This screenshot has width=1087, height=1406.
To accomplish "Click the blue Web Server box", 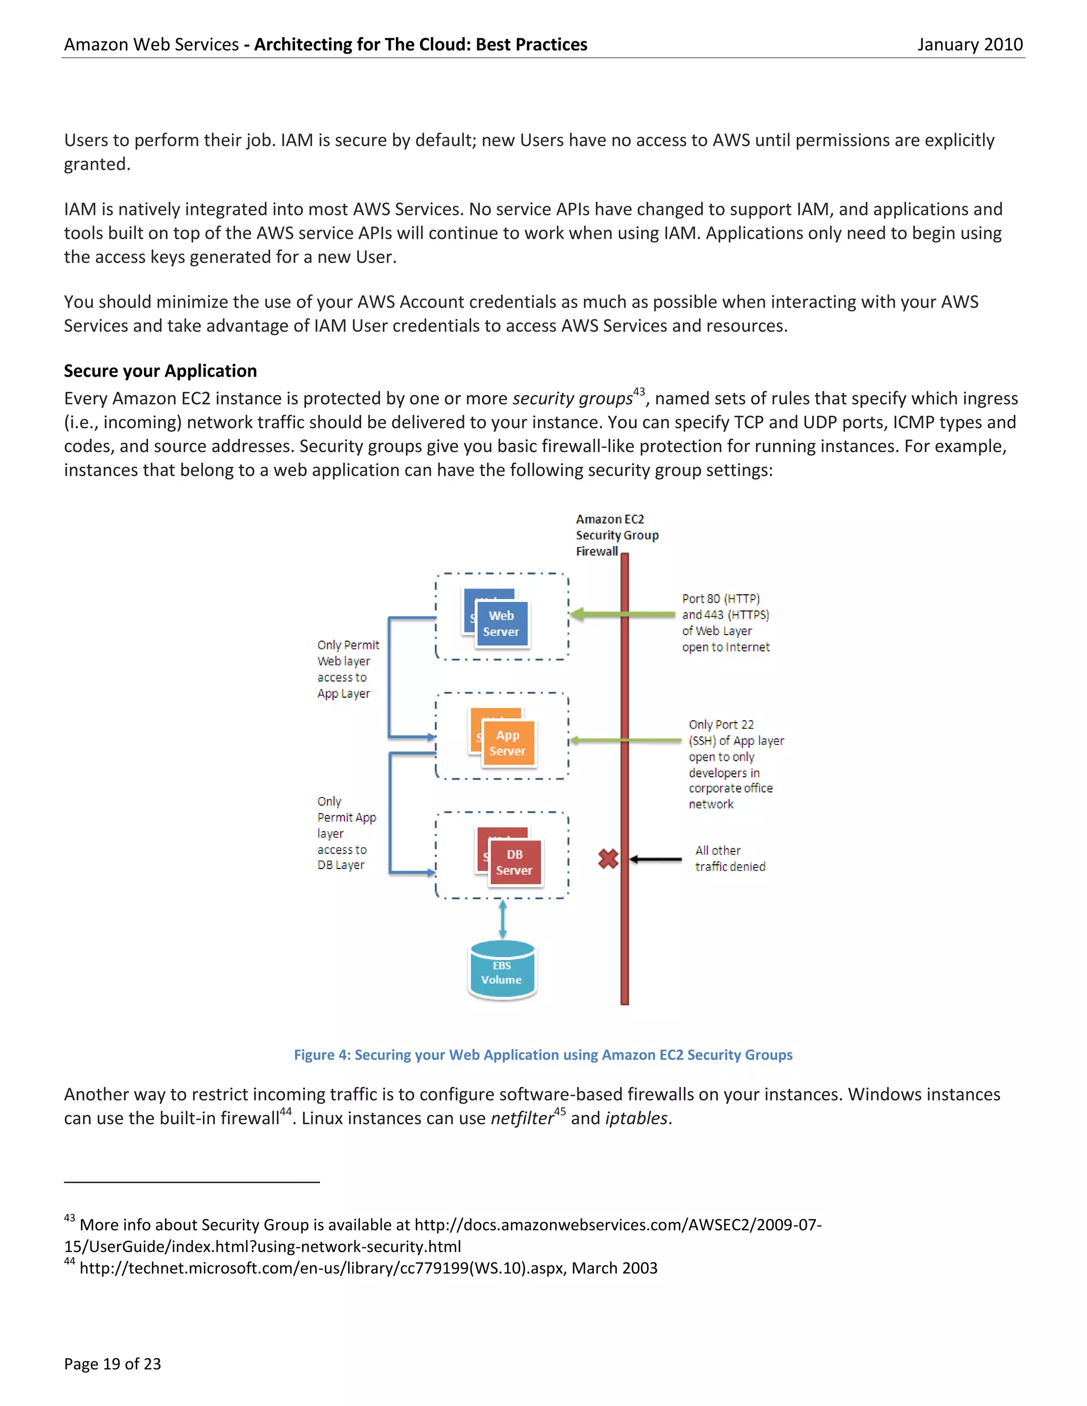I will [x=502, y=624].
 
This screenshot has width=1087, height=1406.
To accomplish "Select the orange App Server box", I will [x=508, y=743].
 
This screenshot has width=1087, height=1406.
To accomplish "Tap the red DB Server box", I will [x=514, y=863].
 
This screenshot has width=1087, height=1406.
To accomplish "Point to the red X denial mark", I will [x=608, y=859].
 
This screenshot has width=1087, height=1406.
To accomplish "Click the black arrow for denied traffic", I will [x=655, y=859].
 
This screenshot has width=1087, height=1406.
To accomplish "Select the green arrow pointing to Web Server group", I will [x=622, y=614].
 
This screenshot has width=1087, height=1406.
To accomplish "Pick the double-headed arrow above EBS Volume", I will [x=502, y=919].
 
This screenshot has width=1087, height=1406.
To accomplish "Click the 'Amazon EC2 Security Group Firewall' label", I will [x=616, y=535].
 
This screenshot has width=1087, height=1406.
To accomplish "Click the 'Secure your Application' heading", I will [x=160, y=371].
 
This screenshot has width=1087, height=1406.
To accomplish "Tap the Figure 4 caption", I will [x=543, y=1055].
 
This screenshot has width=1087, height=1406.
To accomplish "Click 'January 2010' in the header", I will [x=969, y=45].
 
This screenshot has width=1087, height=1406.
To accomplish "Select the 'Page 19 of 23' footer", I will [x=112, y=1364].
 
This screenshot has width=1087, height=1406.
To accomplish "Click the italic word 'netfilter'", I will [x=522, y=1118].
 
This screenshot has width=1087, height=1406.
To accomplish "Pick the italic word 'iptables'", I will [x=635, y=1118].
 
